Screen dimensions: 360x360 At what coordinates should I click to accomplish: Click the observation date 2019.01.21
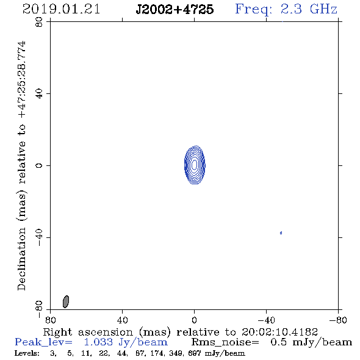tap(61, 9)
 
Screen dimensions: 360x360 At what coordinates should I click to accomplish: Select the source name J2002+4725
tap(175, 9)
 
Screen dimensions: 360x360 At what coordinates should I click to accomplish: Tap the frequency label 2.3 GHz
tap(309, 9)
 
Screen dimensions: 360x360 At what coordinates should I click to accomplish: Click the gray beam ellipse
tap(66, 301)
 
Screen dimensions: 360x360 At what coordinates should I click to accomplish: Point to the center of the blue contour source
tap(195, 165)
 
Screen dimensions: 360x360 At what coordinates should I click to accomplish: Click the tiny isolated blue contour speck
tap(281, 233)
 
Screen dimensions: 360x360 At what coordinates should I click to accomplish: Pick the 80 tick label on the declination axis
tap(39, 22)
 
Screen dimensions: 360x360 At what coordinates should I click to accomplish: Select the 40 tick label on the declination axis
tap(39, 94)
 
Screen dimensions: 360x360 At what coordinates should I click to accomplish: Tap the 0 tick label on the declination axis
tap(39, 165)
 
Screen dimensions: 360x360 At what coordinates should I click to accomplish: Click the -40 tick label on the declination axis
tap(39, 237)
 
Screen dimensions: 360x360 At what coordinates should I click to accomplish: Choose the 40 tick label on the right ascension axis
tap(122, 320)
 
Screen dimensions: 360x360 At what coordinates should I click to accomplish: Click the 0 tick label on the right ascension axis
tap(194, 320)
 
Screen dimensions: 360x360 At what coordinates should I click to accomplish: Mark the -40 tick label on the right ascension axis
tap(266, 320)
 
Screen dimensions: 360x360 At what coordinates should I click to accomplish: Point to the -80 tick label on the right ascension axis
tap(338, 320)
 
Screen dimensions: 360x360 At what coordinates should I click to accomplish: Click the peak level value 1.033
tap(98, 342)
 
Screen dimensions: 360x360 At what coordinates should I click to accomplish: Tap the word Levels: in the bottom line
tap(27, 353)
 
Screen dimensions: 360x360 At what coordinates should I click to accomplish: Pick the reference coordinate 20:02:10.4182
tap(279, 332)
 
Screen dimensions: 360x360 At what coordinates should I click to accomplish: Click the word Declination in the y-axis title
tap(21, 259)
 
